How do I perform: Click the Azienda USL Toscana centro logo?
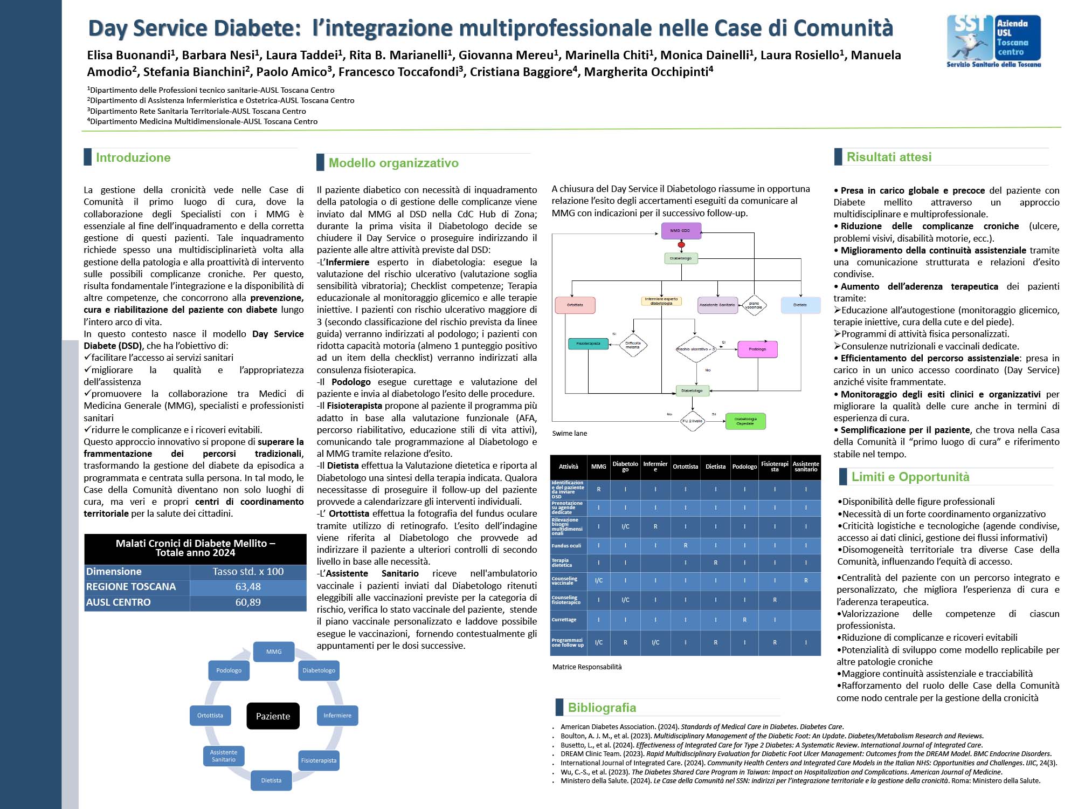pos(993,41)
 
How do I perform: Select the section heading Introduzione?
pos(133,157)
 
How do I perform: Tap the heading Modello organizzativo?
pos(393,163)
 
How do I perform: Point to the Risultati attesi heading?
pos(889,157)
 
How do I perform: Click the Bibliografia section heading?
pos(602,708)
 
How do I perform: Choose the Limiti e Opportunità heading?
pos(910,477)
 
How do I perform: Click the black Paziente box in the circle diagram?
pos(273,716)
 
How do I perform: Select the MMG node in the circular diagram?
pos(274,652)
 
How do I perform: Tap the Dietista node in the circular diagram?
pos(271,780)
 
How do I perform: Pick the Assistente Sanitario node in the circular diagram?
pos(224,756)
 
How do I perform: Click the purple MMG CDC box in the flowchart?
pos(681,231)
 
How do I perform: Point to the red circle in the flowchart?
pos(681,245)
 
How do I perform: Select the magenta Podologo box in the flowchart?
pos(757,349)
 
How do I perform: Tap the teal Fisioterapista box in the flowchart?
pos(588,344)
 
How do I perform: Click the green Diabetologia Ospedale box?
pos(745,421)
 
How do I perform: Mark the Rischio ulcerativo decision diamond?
pos(695,349)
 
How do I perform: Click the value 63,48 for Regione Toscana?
pos(248,587)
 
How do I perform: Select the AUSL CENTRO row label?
pos(119,602)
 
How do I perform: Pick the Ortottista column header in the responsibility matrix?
pos(685,467)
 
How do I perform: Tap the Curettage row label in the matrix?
pos(564,620)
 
